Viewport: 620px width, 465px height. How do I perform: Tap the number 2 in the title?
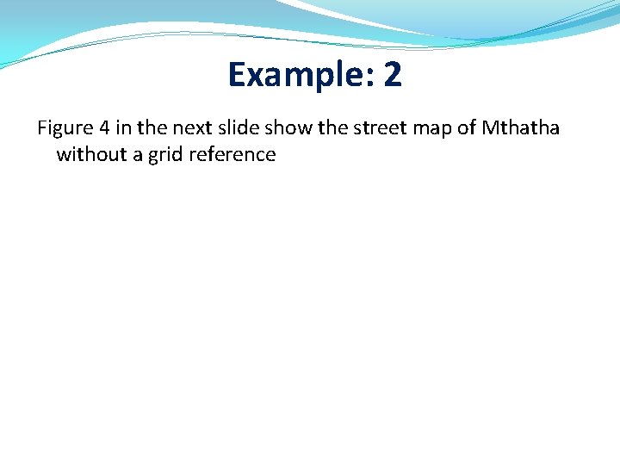[392, 75]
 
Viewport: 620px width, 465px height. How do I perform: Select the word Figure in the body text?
[65, 129]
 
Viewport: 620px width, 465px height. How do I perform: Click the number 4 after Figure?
[104, 129]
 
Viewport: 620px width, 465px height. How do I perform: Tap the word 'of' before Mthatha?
[463, 129]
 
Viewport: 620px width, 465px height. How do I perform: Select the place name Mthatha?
[521, 129]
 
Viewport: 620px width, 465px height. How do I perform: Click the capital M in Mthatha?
[490, 129]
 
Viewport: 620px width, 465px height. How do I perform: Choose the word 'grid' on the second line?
[163, 156]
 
